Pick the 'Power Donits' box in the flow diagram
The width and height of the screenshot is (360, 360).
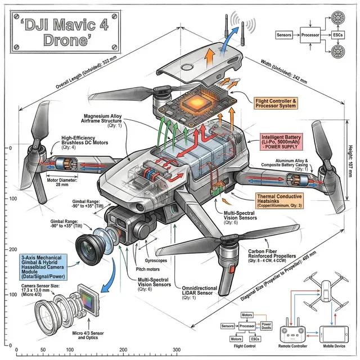(266, 326)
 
